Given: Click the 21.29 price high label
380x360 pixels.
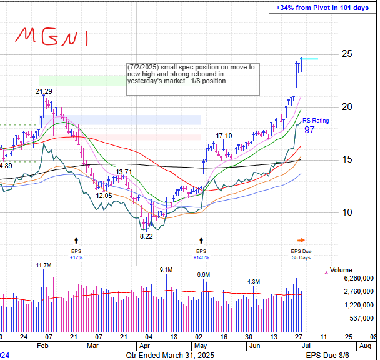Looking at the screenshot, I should (x=43, y=92).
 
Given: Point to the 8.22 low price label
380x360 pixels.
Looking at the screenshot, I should (x=146, y=236).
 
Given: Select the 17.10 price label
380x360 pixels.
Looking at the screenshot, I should (x=224, y=136).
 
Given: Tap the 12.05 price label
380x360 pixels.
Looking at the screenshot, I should (x=104, y=196).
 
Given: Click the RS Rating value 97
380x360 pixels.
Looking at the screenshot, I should (x=309, y=130).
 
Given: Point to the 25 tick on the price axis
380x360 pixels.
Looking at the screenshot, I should (x=345, y=54).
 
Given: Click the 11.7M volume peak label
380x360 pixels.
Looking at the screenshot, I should (x=43, y=266).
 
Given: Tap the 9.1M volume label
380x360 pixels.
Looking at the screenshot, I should (x=166, y=270).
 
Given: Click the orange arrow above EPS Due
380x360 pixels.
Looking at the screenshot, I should (x=301, y=239).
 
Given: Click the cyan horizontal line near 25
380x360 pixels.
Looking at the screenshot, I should (x=310, y=59).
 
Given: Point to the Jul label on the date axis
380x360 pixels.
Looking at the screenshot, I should (x=302, y=336).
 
